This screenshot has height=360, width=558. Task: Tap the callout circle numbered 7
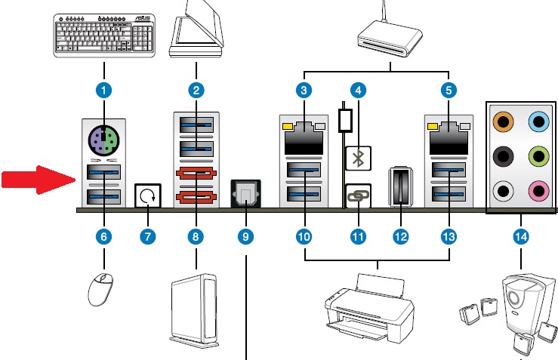[147, 235]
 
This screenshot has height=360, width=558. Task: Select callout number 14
[520, 235]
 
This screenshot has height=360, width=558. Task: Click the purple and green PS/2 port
[105, 139]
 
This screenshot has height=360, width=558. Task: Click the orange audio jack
[501, 120]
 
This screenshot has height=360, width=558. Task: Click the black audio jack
[501, 155]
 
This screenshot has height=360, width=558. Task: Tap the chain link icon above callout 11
[357, 195]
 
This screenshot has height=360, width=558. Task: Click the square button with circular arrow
[146, 196]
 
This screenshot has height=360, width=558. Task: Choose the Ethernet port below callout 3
[304, 138]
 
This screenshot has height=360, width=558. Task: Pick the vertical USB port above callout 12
[399, 186]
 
